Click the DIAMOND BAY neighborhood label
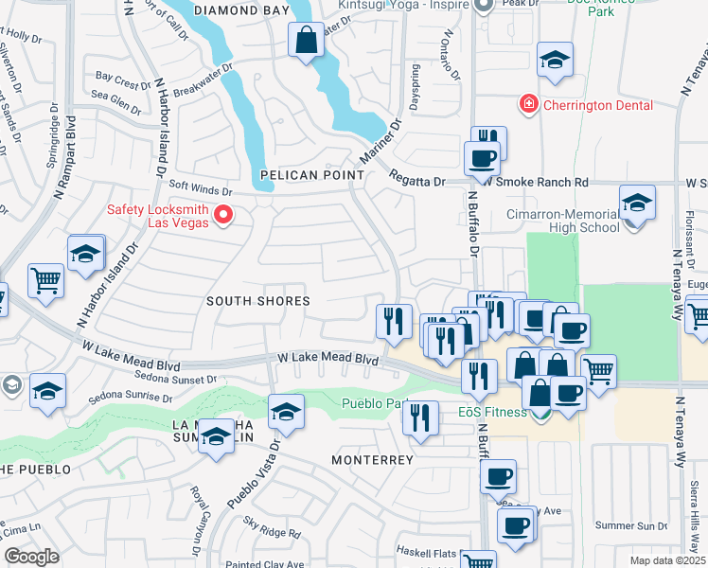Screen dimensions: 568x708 241,10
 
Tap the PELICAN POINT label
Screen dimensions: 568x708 312,175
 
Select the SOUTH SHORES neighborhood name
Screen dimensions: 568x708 258,301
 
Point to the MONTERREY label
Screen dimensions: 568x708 372,460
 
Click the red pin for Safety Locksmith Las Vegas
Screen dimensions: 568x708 223,216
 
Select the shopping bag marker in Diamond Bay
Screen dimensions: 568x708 306,42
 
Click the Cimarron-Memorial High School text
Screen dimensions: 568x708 562,221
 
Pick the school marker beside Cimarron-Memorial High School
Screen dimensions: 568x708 637,204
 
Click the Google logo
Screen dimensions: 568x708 31,557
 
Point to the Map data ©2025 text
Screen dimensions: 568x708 667,560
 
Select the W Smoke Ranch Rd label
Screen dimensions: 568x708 537,182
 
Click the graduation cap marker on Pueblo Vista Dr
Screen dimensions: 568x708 286,413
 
